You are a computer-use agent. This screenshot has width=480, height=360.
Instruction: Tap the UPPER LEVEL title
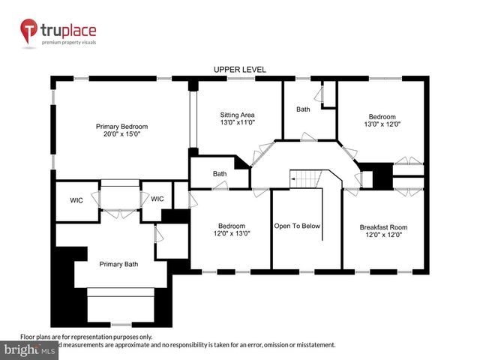coord(240,70)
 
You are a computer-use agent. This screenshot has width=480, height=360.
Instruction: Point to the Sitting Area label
coord(238,114)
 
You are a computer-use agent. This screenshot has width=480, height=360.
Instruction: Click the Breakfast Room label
coord(383,226)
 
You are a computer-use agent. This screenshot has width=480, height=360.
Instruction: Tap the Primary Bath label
coord(119,263)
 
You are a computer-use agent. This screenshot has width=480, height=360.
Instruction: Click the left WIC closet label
coord(76,199)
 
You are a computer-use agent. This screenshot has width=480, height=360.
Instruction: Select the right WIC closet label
coord(157,199)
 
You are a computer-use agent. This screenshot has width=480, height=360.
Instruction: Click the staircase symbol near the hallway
coord(305,179)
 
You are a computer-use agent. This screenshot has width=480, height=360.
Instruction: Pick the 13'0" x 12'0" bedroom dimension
coord(382,125)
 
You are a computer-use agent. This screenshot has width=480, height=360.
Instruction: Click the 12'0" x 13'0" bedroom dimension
coord(231,233)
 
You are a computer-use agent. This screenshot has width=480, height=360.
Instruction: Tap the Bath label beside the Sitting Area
coord(220,174)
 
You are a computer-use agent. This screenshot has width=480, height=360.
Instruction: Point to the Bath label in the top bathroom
coord(303,109)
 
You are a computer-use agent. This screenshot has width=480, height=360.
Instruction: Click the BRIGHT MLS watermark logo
coord(30,349)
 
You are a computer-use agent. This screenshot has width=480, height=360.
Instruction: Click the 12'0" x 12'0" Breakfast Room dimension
coord(383,235)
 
